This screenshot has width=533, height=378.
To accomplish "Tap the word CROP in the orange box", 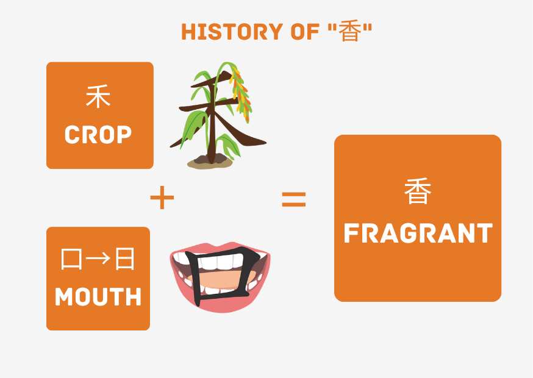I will tap(98, 135).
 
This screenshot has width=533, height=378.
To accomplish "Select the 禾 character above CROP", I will tap(98, 98).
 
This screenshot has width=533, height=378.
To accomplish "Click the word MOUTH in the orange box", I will tap(98, 297).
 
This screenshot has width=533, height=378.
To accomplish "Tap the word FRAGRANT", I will tap(418, 234).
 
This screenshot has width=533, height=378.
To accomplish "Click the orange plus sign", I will tap(162, 199).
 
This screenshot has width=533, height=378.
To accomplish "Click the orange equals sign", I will tap(293, 199).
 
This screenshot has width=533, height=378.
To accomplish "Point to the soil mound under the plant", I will tap(210, 162).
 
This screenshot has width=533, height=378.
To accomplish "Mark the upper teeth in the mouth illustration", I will tap(220, 261).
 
